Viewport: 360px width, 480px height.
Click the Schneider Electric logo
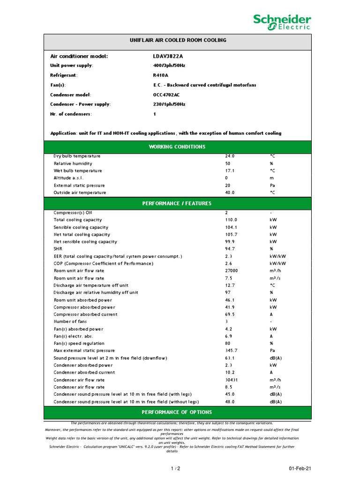pyautogui.click(x=282, y=22)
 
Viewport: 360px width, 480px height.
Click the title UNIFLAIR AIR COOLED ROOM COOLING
pyautogui.click(x=178, y=40)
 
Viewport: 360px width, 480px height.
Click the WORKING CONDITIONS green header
pyautogui.click(x=177, y=147)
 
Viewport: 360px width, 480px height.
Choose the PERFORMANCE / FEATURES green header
pyautogui.click(x=177, y=203)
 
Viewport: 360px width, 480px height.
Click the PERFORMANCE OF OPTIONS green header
pyautogui.click(x=177, y=412)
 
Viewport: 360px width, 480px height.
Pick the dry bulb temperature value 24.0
pyautogui.click(x=230, y=156)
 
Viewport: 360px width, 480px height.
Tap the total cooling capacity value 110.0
pyautogui.click(x=231, y=220)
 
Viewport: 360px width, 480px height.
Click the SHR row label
pyautogui.click(x=58, y=249)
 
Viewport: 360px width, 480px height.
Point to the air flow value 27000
pyautogui.click(x=232, y=271)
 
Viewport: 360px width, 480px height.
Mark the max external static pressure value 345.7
pyautogui.click(x=232, y=351)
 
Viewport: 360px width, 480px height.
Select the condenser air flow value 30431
pyautogui.click(x=232, y=380)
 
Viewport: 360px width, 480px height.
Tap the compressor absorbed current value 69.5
pyautogui.click(x=230, y=315)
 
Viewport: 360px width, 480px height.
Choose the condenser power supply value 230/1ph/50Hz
pyautogui.click(x=166, y=104)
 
